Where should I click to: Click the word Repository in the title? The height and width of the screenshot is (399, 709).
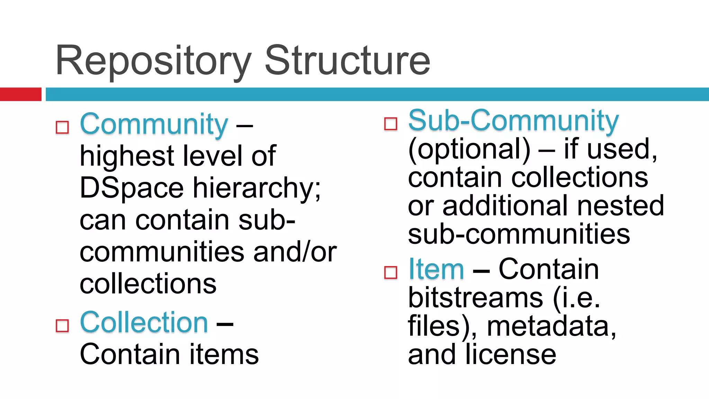(x=153, y=62)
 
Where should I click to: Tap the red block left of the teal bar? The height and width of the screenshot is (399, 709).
(x=20, y=94)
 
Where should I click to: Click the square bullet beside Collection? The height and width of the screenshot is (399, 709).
(x=62, y=326)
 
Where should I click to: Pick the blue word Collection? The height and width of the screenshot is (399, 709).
(x=144, y=322)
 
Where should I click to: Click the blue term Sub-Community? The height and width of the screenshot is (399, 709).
(x=513, y=121)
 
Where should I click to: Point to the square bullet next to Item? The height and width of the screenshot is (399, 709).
(x=391, y=273)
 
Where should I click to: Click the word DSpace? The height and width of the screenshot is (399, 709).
(x=132, y=188)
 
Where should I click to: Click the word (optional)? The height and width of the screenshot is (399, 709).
(x=469, y=150)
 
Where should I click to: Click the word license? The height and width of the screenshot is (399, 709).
(x=511, y=354)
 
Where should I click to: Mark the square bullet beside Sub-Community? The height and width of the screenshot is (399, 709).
(x=391, y=124)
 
